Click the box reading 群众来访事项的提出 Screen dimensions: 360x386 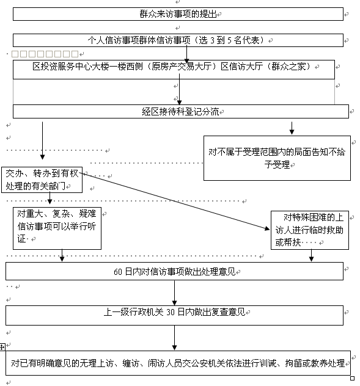[178, 14]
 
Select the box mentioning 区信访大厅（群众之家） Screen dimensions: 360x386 [174, 70]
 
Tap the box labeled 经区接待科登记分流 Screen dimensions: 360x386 [181, 112]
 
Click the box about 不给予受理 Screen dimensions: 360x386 [277, 158]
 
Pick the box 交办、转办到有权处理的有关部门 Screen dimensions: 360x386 [42, 180]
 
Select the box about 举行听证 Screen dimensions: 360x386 [57, 228]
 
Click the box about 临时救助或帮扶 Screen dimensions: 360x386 [310, 230]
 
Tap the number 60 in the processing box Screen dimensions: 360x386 [118, 272]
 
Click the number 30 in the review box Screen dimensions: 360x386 [171, 312]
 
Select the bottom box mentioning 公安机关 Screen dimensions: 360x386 [178, 363]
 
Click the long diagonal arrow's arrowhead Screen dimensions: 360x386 [267, 228]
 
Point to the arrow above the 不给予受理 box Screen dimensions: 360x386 [292, 128]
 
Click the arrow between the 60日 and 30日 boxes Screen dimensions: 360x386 [174, 293]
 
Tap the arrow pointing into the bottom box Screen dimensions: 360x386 [174, 338]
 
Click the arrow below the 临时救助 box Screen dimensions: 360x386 [311, 255]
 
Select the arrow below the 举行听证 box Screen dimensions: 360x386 [62, 255]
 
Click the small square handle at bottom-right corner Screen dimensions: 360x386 [353, 378]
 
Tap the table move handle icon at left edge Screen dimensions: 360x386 [2, 347]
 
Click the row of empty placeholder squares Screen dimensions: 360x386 [45, 54]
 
